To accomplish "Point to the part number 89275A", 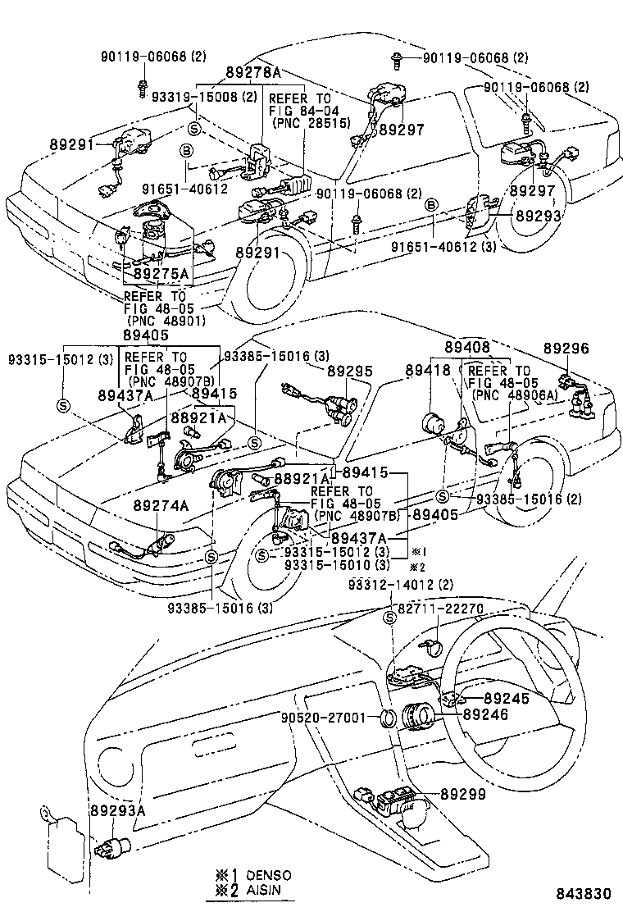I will point(161,273).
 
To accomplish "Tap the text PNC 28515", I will point(311,122).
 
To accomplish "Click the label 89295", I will point(350,371).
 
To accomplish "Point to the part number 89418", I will point(427,371).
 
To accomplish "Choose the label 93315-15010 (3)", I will point(337,565).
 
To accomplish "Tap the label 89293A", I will point(117,810).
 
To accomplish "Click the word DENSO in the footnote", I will point(265,876).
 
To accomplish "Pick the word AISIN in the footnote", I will point(259,891).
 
